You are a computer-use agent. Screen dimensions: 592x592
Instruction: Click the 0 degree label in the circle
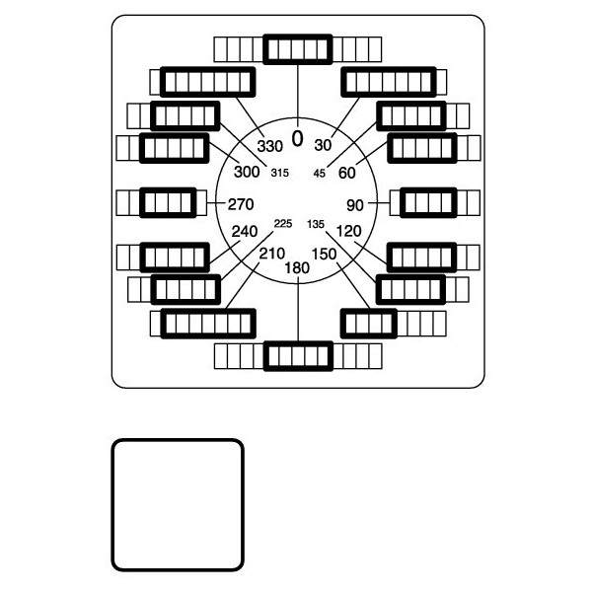coord(298,138)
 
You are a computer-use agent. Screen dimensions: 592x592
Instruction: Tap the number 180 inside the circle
coord(297,268)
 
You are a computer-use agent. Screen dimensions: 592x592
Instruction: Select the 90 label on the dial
coord(355,205)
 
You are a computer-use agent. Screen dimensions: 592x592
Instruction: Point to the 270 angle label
coord(241,204)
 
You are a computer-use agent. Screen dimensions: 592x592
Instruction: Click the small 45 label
coord(320,174)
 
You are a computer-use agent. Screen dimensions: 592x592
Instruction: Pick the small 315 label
coord(280,173)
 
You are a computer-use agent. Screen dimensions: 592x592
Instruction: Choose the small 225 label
coord(283,224)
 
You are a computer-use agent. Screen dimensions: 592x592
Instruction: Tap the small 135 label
coord(316,224)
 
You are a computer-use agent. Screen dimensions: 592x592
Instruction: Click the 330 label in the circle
coord(270,146)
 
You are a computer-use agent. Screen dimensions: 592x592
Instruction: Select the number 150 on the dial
coord(325,255)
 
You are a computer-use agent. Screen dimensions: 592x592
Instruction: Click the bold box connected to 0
coord(298,49)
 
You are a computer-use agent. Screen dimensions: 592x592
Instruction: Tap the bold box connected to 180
coord(298,356)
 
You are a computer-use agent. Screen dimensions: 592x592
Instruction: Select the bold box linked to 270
coord(168,202)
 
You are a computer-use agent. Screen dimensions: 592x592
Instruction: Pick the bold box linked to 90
coord(428,202)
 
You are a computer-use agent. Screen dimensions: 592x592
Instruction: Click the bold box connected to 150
coord(369,324)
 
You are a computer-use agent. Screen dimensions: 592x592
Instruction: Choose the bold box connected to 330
coord(207,82)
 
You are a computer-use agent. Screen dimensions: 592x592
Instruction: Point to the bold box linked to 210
coord(208,324)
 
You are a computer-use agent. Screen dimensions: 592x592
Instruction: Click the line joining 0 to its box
coord(298,95)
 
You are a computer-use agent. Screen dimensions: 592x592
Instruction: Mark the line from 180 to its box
coord(298,309)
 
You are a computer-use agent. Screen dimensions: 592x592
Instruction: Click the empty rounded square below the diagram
coord(178,505)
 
